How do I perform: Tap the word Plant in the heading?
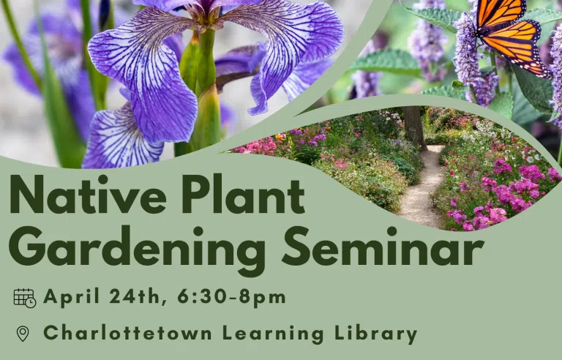[x=243, y=195]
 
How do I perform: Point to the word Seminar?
[x=383, y=246]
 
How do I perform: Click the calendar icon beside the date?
[x=25, y=299]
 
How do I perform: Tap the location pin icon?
[x=23, y=334]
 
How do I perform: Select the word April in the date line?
[x=71, y=298]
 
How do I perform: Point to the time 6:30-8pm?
[x=231, y=298]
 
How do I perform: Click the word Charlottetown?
[x=127, y=333]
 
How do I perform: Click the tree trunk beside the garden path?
[x=414, y=127]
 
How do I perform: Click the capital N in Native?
[x=26, y=195]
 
